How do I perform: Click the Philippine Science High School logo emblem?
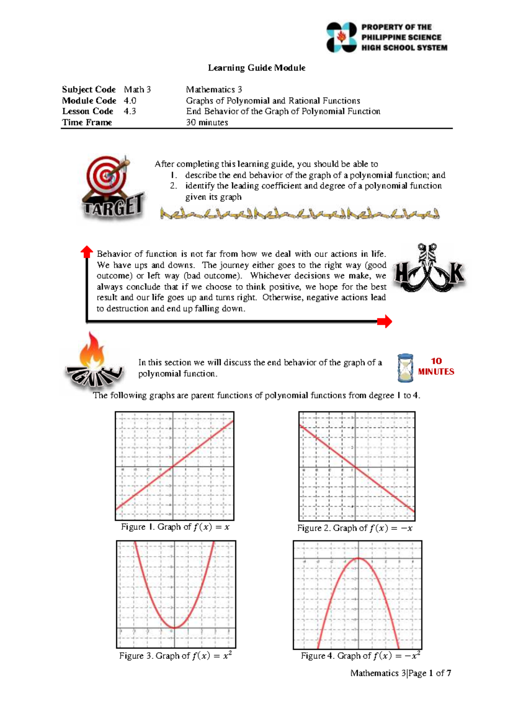click(x=342, y=37)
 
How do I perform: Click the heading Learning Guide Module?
click(x=256, y=68)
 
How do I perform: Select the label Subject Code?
click(x=88, y=89)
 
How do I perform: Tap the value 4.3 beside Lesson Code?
click(x=130, y=111)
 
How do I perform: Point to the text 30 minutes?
click(x=207, y=122)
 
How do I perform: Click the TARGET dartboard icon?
click(x=107, y=175)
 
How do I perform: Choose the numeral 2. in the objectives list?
click(x=173, y=186)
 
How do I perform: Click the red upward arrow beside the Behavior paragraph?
click(x=87, y=252)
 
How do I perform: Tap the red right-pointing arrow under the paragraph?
click(x=384, y=321)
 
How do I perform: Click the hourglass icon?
click(x=405, y=368)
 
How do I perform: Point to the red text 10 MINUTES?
click(x=436, y=366)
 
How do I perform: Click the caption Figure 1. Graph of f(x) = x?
click(x=175, y=527)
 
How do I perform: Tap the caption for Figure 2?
click(x=355, y=528)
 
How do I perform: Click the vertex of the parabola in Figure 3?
click(x=174, y=628)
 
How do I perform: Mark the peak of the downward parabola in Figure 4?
click(x=358, y=558)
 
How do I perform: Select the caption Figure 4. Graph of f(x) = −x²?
click(x=360, y=656)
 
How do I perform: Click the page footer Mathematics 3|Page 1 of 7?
click(x=401, y=673)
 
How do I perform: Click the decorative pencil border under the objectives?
click(x=299, y=213)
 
